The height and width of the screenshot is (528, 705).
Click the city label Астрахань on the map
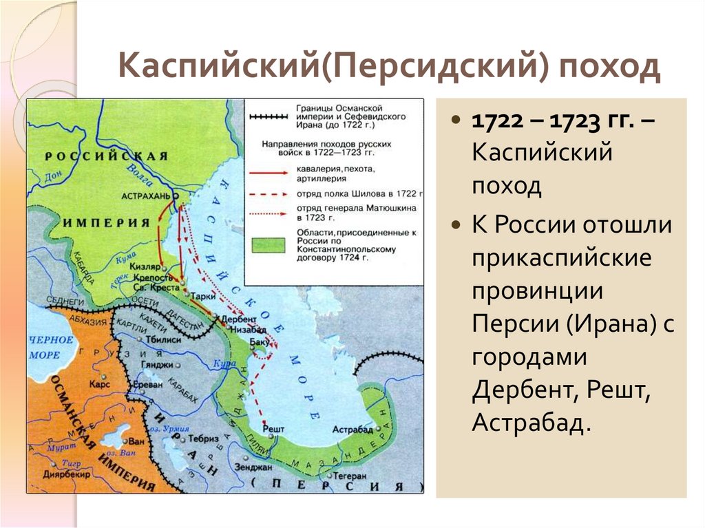pyautogui.click(x=145, y=196)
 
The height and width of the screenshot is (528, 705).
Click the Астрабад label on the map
pyautogui.click(x=352, y=429)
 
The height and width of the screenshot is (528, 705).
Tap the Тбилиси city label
pyautogui.click(x=163, y=340)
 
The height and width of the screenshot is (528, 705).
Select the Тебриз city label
pyautogui.click(x=204, y=439)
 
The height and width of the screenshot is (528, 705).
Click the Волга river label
pyautogui.click(x=140, y=178)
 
